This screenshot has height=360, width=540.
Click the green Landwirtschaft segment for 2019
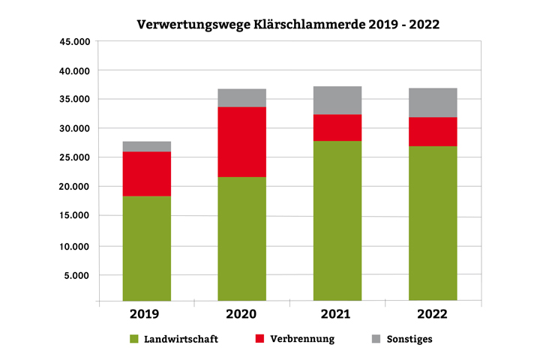coord(147,247)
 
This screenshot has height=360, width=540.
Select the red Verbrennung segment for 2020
coord(241,142)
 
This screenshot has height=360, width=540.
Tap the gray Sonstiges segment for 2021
coord(337,100)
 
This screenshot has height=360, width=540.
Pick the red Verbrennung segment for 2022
coord(433,131)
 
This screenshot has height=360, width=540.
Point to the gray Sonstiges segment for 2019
coord(147,146)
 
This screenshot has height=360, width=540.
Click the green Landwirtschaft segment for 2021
coord(337,220)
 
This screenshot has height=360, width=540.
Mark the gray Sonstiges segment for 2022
coord(433,102)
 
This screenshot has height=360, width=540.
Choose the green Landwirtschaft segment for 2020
coord(241,238)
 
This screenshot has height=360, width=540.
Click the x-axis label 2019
coord(147,313)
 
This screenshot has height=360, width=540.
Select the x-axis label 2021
coord(337,313)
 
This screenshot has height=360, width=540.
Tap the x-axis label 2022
coord(433,313)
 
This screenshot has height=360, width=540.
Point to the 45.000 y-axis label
coord(73,41)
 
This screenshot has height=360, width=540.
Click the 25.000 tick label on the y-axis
coord(73,157)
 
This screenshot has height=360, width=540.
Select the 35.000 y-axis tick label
coord(73,99)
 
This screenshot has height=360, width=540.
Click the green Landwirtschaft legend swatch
coord(135,339)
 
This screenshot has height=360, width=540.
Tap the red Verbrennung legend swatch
coord(262,339)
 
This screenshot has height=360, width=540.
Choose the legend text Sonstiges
coord(409,339)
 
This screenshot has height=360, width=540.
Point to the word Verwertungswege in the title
coord(193,24)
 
